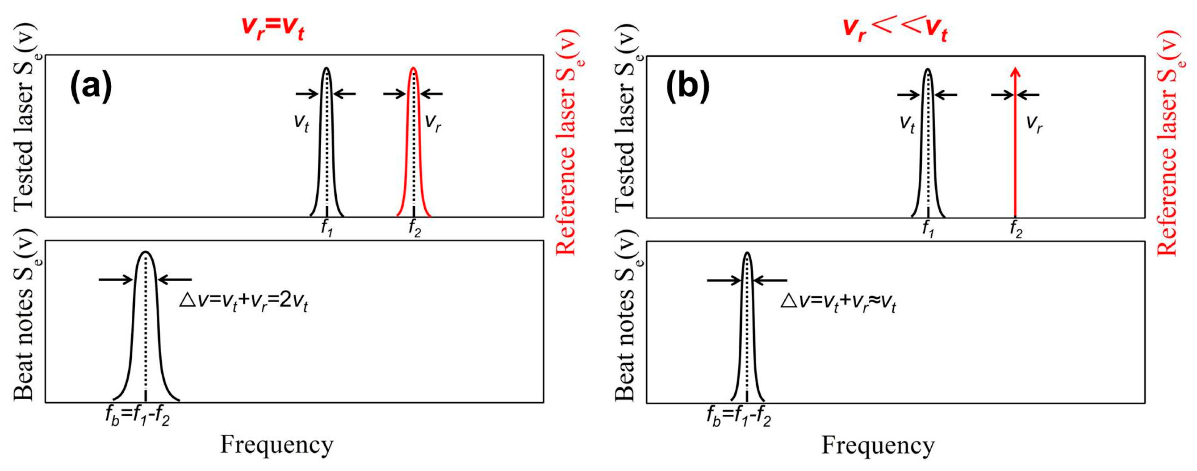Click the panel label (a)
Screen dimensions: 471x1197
pos(91,87)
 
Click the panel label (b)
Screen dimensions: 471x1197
pos(688,87)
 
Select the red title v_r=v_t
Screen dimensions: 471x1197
pos(273,28)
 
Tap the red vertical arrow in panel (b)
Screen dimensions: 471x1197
pos(1016,149)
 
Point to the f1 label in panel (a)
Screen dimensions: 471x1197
pos(326,228)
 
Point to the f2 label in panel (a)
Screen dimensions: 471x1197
pos(414,228)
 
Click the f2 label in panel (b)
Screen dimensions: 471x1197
pos(1016,229)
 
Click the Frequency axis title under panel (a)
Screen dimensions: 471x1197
pos(276,445)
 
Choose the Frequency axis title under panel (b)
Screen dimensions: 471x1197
pos(878,446)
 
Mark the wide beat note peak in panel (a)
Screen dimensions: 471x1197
pos(146,325)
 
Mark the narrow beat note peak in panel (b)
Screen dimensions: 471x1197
pos(747,325)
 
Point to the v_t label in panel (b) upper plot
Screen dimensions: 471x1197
pos(907,124)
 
